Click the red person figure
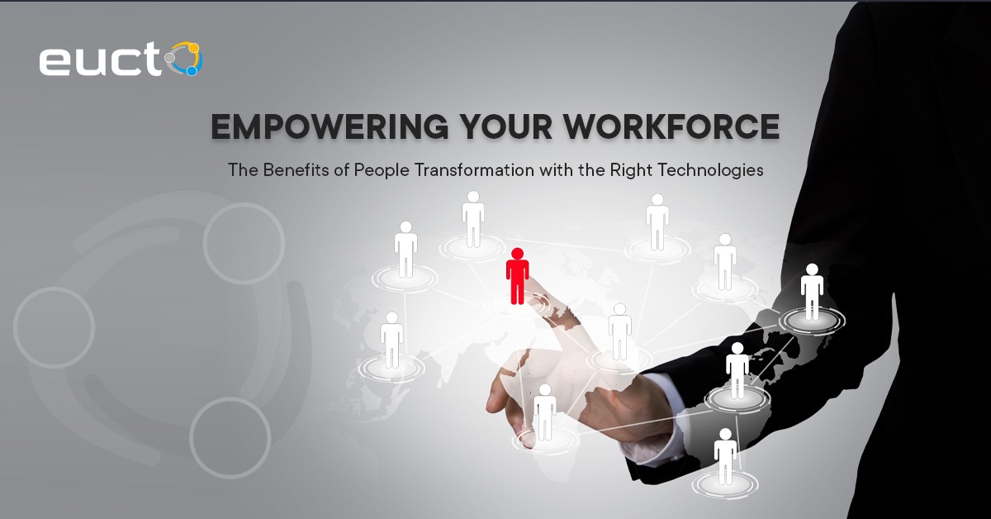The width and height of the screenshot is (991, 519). pos(517,276)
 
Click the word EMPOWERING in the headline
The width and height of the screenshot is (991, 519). pos(330,127)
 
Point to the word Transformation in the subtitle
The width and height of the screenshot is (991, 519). pos(474,170)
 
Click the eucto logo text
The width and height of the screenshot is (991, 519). pos(121,59)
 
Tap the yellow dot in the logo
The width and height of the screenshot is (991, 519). pos(194,47)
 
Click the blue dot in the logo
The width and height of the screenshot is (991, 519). pos(192,71)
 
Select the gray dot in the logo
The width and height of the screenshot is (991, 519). pos(169,58)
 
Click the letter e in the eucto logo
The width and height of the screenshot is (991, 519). pos(54,62)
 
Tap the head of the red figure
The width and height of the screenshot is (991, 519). pos(517,253)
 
